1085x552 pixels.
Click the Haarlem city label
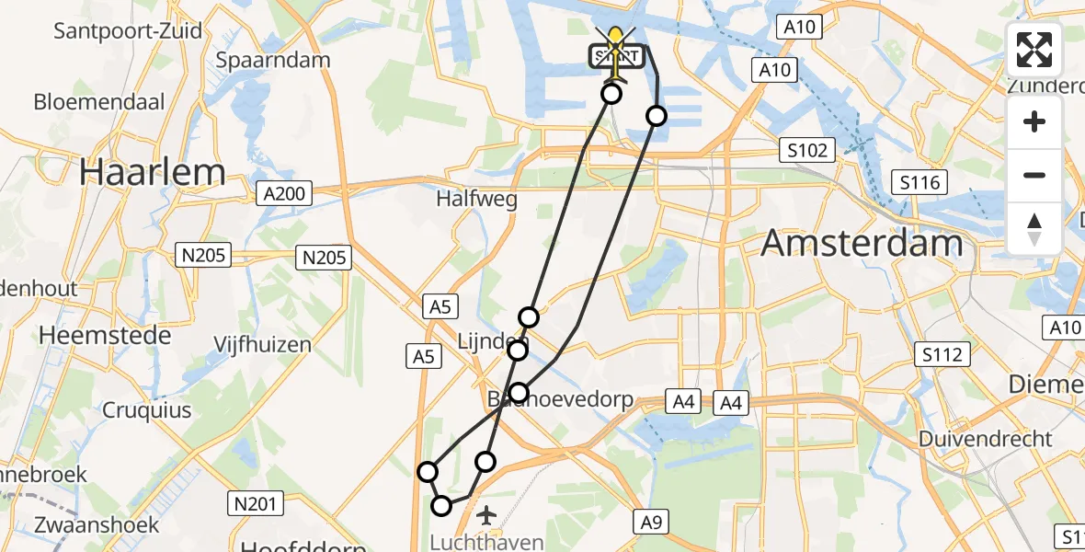[152, 172]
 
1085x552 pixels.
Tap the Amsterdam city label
[862, 244]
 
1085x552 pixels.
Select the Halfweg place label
[476, 199]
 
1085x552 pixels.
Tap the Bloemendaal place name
[99, 101]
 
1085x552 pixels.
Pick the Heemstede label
[105, 335]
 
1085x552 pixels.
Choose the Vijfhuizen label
[262, 345]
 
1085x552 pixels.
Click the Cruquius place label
[147, 409]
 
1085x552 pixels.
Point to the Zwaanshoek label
[81, 525]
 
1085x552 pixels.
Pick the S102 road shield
[806, 150]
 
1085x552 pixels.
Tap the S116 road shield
[919, 182]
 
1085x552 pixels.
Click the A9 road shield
[651, 523]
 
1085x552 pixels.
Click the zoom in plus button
[1034, 121]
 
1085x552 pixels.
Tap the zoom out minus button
[1034, 175]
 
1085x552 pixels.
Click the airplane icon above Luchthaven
[485, 512]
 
